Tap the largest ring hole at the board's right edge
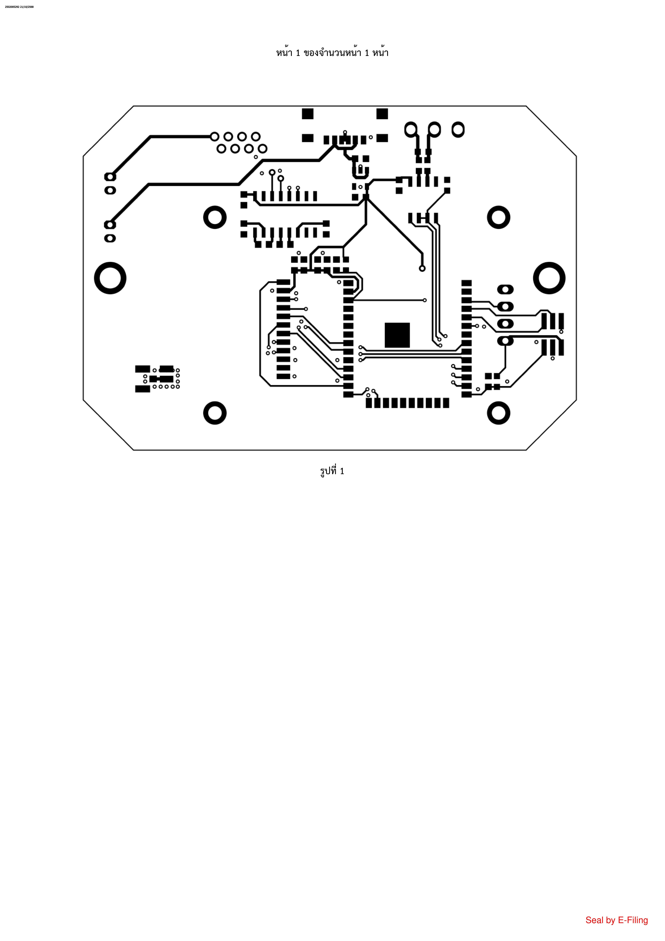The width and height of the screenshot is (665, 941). (x=549, y=278)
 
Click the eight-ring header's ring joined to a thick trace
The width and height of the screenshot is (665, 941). (x=214, y=136)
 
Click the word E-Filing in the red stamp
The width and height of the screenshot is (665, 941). (x=633, y=920)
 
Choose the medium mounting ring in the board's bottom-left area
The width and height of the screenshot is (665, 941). (x=215, y=413)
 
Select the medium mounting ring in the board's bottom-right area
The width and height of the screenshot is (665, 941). (x=499, y=413)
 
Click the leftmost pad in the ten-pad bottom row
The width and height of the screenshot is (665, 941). (x=369, y=403)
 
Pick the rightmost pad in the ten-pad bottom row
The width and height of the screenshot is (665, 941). (x=446, y=403)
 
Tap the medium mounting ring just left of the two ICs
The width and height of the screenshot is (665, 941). (x=215, y=217)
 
